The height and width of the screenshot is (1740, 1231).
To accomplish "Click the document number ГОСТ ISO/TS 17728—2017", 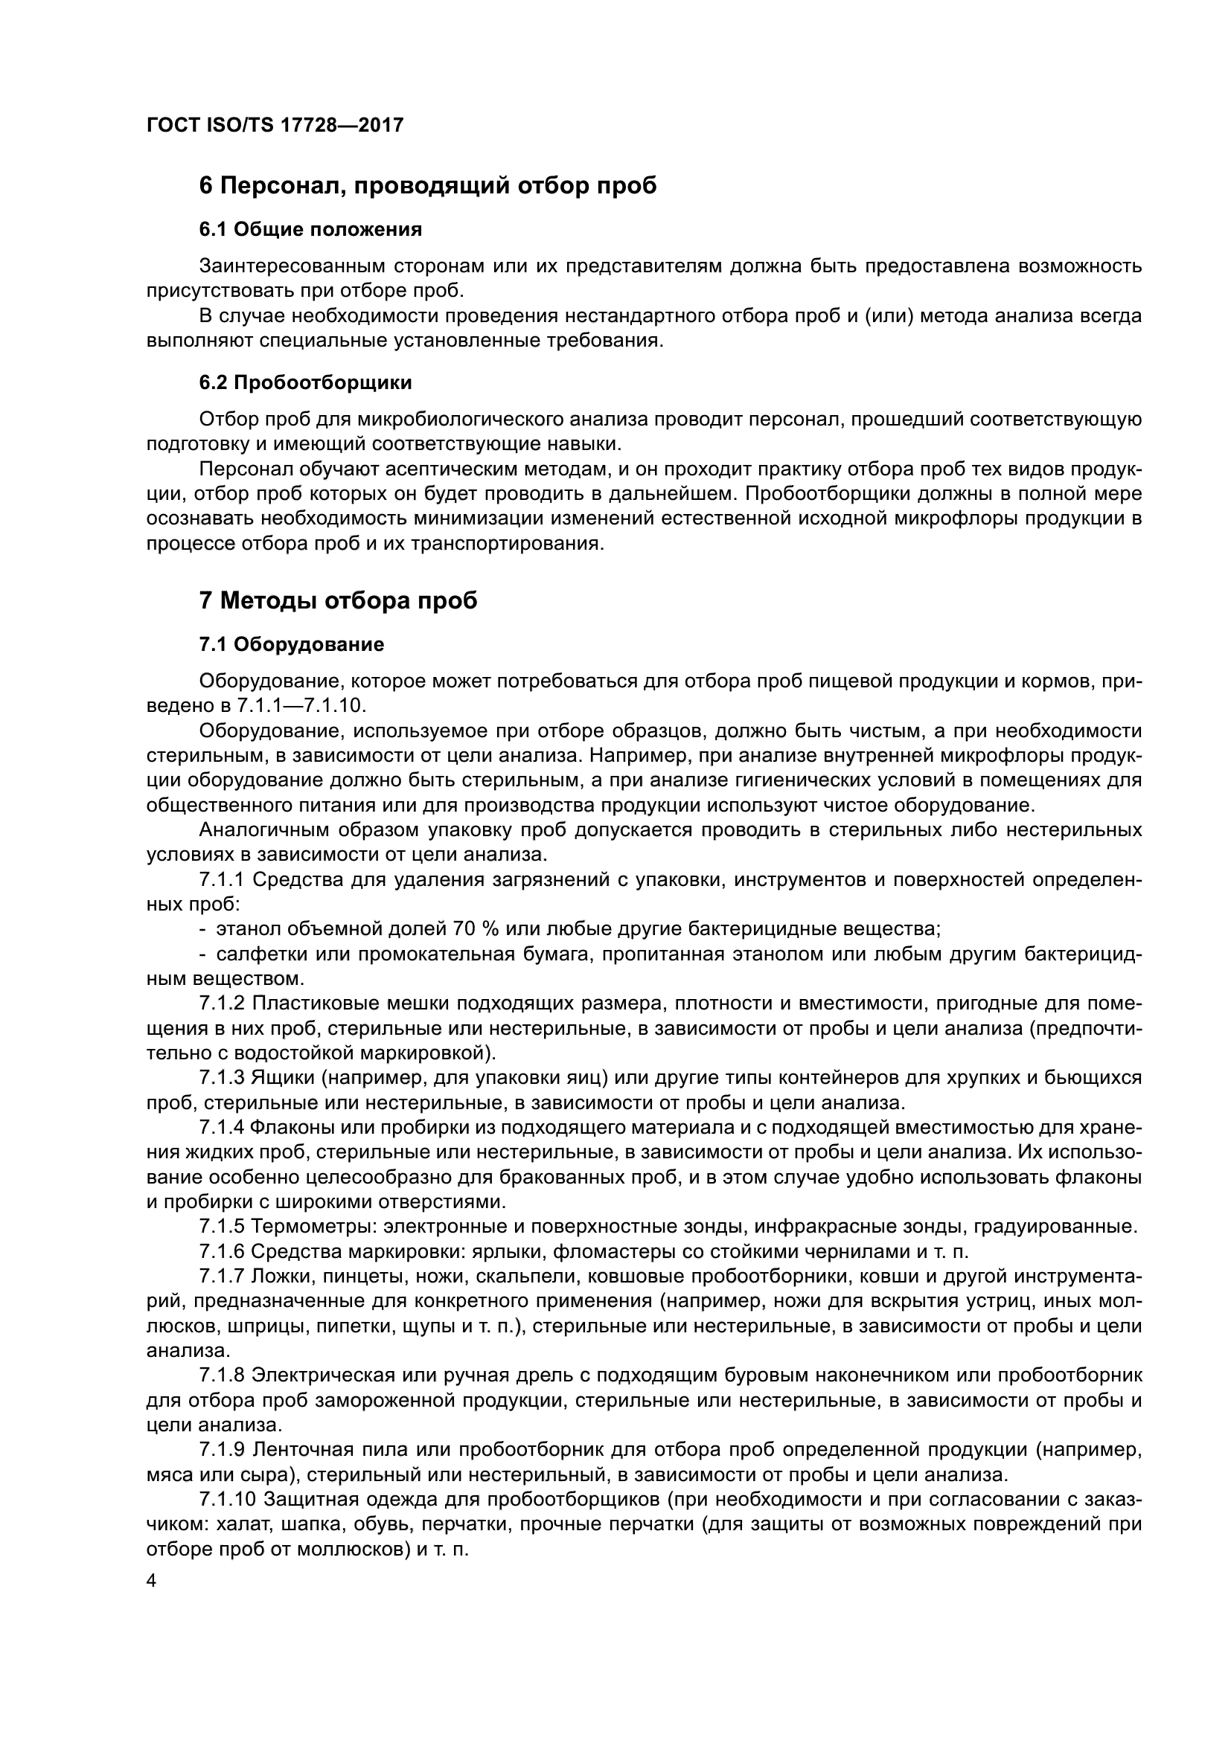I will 275,125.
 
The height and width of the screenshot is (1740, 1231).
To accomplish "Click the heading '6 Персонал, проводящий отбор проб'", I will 427,186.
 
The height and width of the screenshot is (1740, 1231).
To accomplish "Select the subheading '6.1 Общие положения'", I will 311,229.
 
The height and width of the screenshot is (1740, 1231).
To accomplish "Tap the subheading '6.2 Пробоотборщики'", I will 305,382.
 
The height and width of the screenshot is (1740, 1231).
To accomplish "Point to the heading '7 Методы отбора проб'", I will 338,601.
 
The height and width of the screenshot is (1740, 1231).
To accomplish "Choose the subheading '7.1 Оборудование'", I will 292,645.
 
